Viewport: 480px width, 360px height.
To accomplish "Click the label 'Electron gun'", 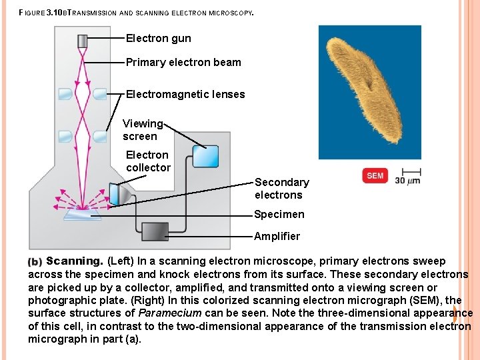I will pos(158,39).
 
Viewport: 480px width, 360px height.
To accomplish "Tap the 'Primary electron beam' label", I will pos(183,63).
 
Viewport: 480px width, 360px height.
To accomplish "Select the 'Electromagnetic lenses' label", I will pos(185,95).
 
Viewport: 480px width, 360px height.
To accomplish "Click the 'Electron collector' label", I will pos(148,161).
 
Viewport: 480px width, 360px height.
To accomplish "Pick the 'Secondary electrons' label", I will pos(281,189).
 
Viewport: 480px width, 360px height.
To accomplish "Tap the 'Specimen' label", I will pos(279,215).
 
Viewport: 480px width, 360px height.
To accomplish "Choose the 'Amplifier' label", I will pos(277,236).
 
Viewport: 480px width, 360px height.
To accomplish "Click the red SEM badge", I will pos(375,175).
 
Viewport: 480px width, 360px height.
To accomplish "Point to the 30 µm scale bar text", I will pos(407,180).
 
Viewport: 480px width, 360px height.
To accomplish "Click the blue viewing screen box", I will pos(205,156).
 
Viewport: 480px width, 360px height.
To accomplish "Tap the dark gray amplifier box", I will pos(155,231).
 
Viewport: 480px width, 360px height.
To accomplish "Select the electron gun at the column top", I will pos(83,41).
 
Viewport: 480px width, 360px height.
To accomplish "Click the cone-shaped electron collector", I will pos(121,193).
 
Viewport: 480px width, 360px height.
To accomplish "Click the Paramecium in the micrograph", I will pos(365,90).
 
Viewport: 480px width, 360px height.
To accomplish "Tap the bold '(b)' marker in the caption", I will pos(35,262).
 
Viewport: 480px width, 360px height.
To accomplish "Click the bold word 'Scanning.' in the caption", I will pos(74,261).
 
